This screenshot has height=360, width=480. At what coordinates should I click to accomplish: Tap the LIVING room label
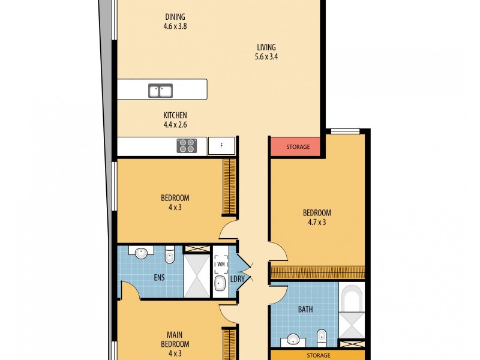266,47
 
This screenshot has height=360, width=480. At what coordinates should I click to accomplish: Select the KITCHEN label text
176,115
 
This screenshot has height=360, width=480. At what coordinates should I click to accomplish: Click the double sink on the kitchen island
161,91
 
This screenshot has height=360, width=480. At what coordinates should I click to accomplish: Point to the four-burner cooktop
187,146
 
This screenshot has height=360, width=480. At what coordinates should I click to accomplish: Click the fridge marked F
221,146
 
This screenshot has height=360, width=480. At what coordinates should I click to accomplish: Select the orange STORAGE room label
319,355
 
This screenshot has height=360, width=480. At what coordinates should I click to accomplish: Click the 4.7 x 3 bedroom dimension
317,222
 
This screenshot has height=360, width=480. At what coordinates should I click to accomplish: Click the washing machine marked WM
220,263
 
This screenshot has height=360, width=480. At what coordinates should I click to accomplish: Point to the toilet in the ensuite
170,254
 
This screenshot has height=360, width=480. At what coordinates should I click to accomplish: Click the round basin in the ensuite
142,253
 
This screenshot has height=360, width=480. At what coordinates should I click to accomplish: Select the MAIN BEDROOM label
175,340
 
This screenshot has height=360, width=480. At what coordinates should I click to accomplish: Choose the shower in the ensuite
196,275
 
